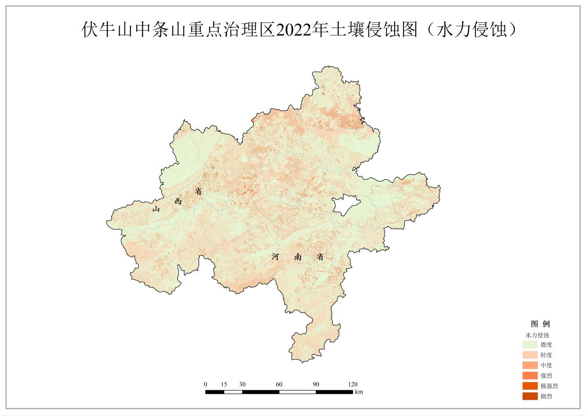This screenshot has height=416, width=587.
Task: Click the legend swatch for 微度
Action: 530,345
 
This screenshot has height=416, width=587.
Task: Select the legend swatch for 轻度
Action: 530,355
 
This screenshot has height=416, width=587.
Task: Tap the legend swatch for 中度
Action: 530,366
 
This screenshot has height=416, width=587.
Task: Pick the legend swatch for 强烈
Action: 530,375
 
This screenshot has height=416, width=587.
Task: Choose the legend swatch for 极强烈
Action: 530,386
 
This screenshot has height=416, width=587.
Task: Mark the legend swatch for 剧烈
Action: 530,396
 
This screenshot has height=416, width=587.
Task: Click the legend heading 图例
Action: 540,324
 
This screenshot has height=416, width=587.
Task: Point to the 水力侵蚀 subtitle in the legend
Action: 537,335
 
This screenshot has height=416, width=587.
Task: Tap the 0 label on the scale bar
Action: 205,384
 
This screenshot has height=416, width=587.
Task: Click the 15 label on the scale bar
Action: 224,384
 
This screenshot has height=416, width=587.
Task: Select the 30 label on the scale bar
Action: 242,384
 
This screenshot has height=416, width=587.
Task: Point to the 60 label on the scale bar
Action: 279,384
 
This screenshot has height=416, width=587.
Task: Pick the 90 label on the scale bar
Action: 316,384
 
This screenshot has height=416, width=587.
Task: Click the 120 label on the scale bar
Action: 353,384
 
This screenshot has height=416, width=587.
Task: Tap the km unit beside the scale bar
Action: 359,392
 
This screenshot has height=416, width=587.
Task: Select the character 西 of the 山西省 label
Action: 178,201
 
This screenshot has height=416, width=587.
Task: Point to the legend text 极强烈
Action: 549,386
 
